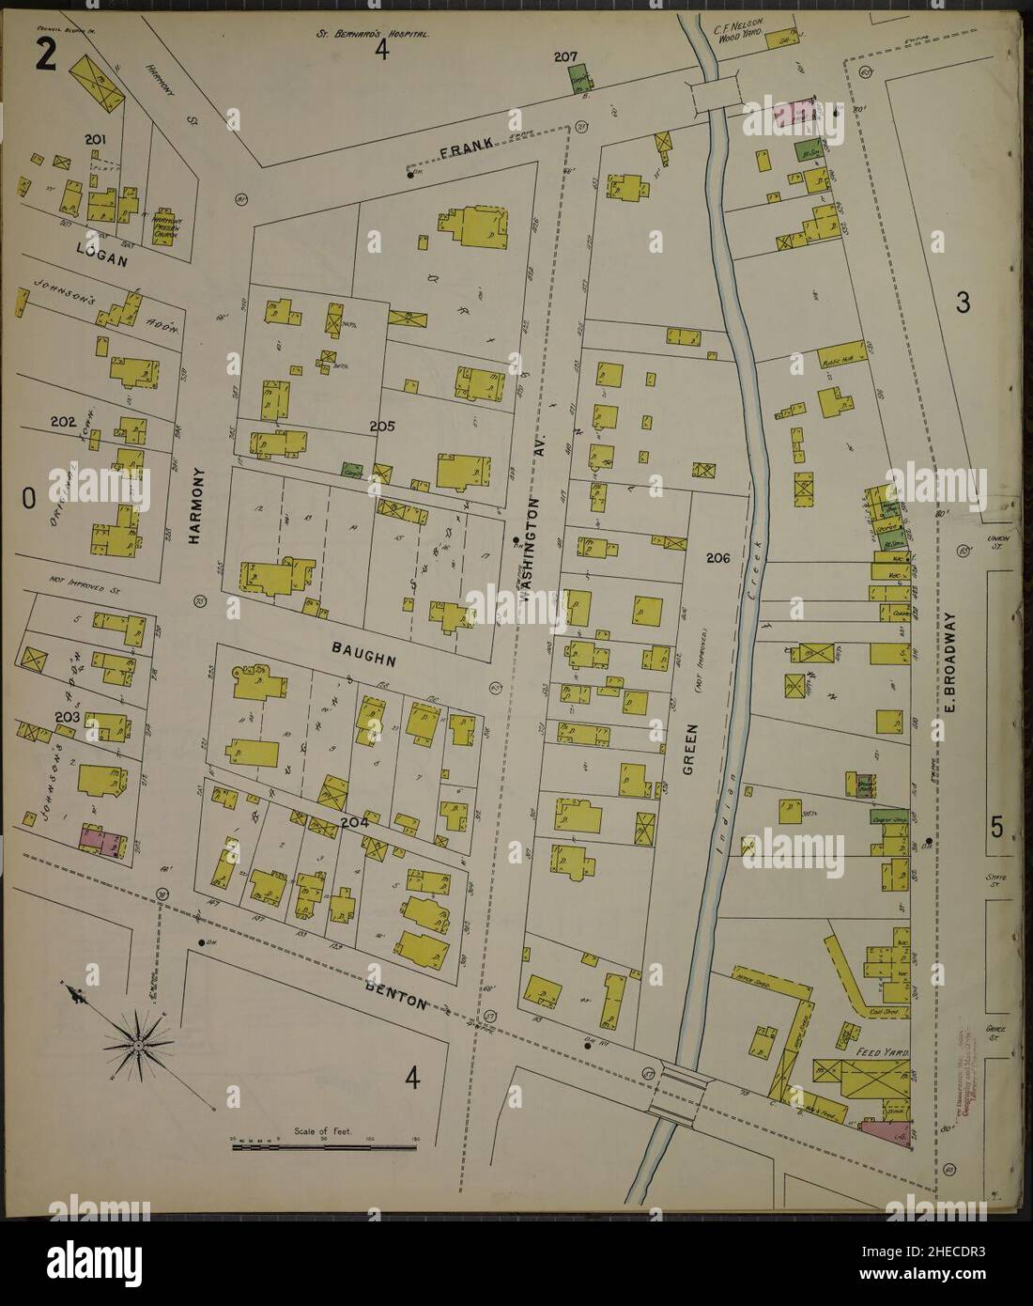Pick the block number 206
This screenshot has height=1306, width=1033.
(718, 557)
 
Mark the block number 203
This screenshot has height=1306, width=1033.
(67, 717)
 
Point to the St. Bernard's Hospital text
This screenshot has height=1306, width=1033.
(373, 34)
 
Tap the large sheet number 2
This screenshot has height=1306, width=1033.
(46, 58)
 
